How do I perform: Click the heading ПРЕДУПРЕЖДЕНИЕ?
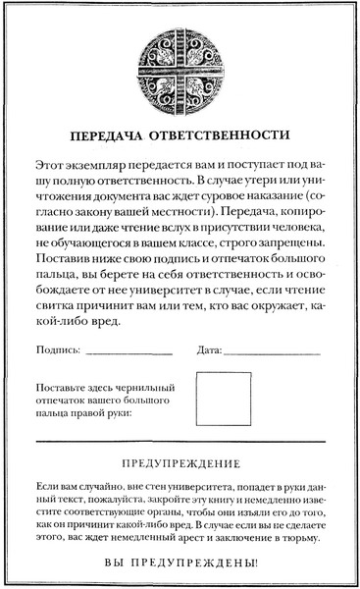click(x=180, y=462)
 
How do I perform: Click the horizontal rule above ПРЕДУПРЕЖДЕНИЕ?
click(x=180, y=442)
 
